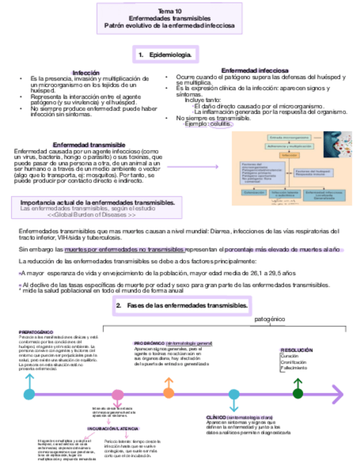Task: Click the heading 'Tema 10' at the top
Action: pyautogui.click(x=168, y=10)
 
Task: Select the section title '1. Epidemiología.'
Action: pyautogui.click(x=165, y=55)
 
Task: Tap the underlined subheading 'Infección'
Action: pyautogui.click(x=86, y=72)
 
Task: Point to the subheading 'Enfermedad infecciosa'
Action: pyautogui.click(x=255, y=71)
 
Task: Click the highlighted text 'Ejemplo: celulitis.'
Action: pyautogui.click(x=208, y=124)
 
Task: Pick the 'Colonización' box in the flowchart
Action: pyautogui.click(x=252, y=192)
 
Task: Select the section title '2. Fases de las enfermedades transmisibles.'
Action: pyautogui.click(x=182, y=305)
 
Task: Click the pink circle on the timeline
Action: pyautogui.click(x=117, y=394)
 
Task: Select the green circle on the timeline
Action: pyautogui.click(x=298, y=393)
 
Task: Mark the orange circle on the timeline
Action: pyautogui.click(x=169, y=394)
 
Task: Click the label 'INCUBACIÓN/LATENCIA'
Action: pyautogui.click(x=114, y=428)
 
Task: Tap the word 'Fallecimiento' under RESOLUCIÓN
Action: pyautogui.click(x=294, y=368)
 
